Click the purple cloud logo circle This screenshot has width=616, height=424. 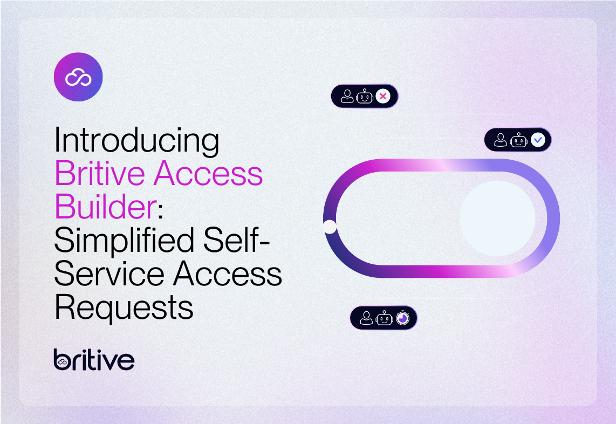coord(78,77)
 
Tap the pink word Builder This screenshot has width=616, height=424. coord(105,207)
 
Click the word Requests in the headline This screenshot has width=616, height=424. coord(124,307)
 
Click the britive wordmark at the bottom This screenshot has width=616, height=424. coord(94,359)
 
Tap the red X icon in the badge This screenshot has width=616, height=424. coord(383,97)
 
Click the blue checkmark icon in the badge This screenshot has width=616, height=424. coord(538,140)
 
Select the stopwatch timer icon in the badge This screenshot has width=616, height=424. coord(402,318)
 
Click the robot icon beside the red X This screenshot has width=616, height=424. coord(365,97)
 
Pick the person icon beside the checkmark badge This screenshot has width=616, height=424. coord(501,140)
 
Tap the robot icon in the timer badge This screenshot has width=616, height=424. coord(384,318)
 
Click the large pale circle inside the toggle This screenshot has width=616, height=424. coord(497,218)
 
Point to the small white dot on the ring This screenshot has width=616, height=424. coord(330,227)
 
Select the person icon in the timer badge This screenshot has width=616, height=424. coord(367,318)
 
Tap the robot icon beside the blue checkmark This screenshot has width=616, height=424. coord(519,140)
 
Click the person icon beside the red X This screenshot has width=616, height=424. coord(347,97)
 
